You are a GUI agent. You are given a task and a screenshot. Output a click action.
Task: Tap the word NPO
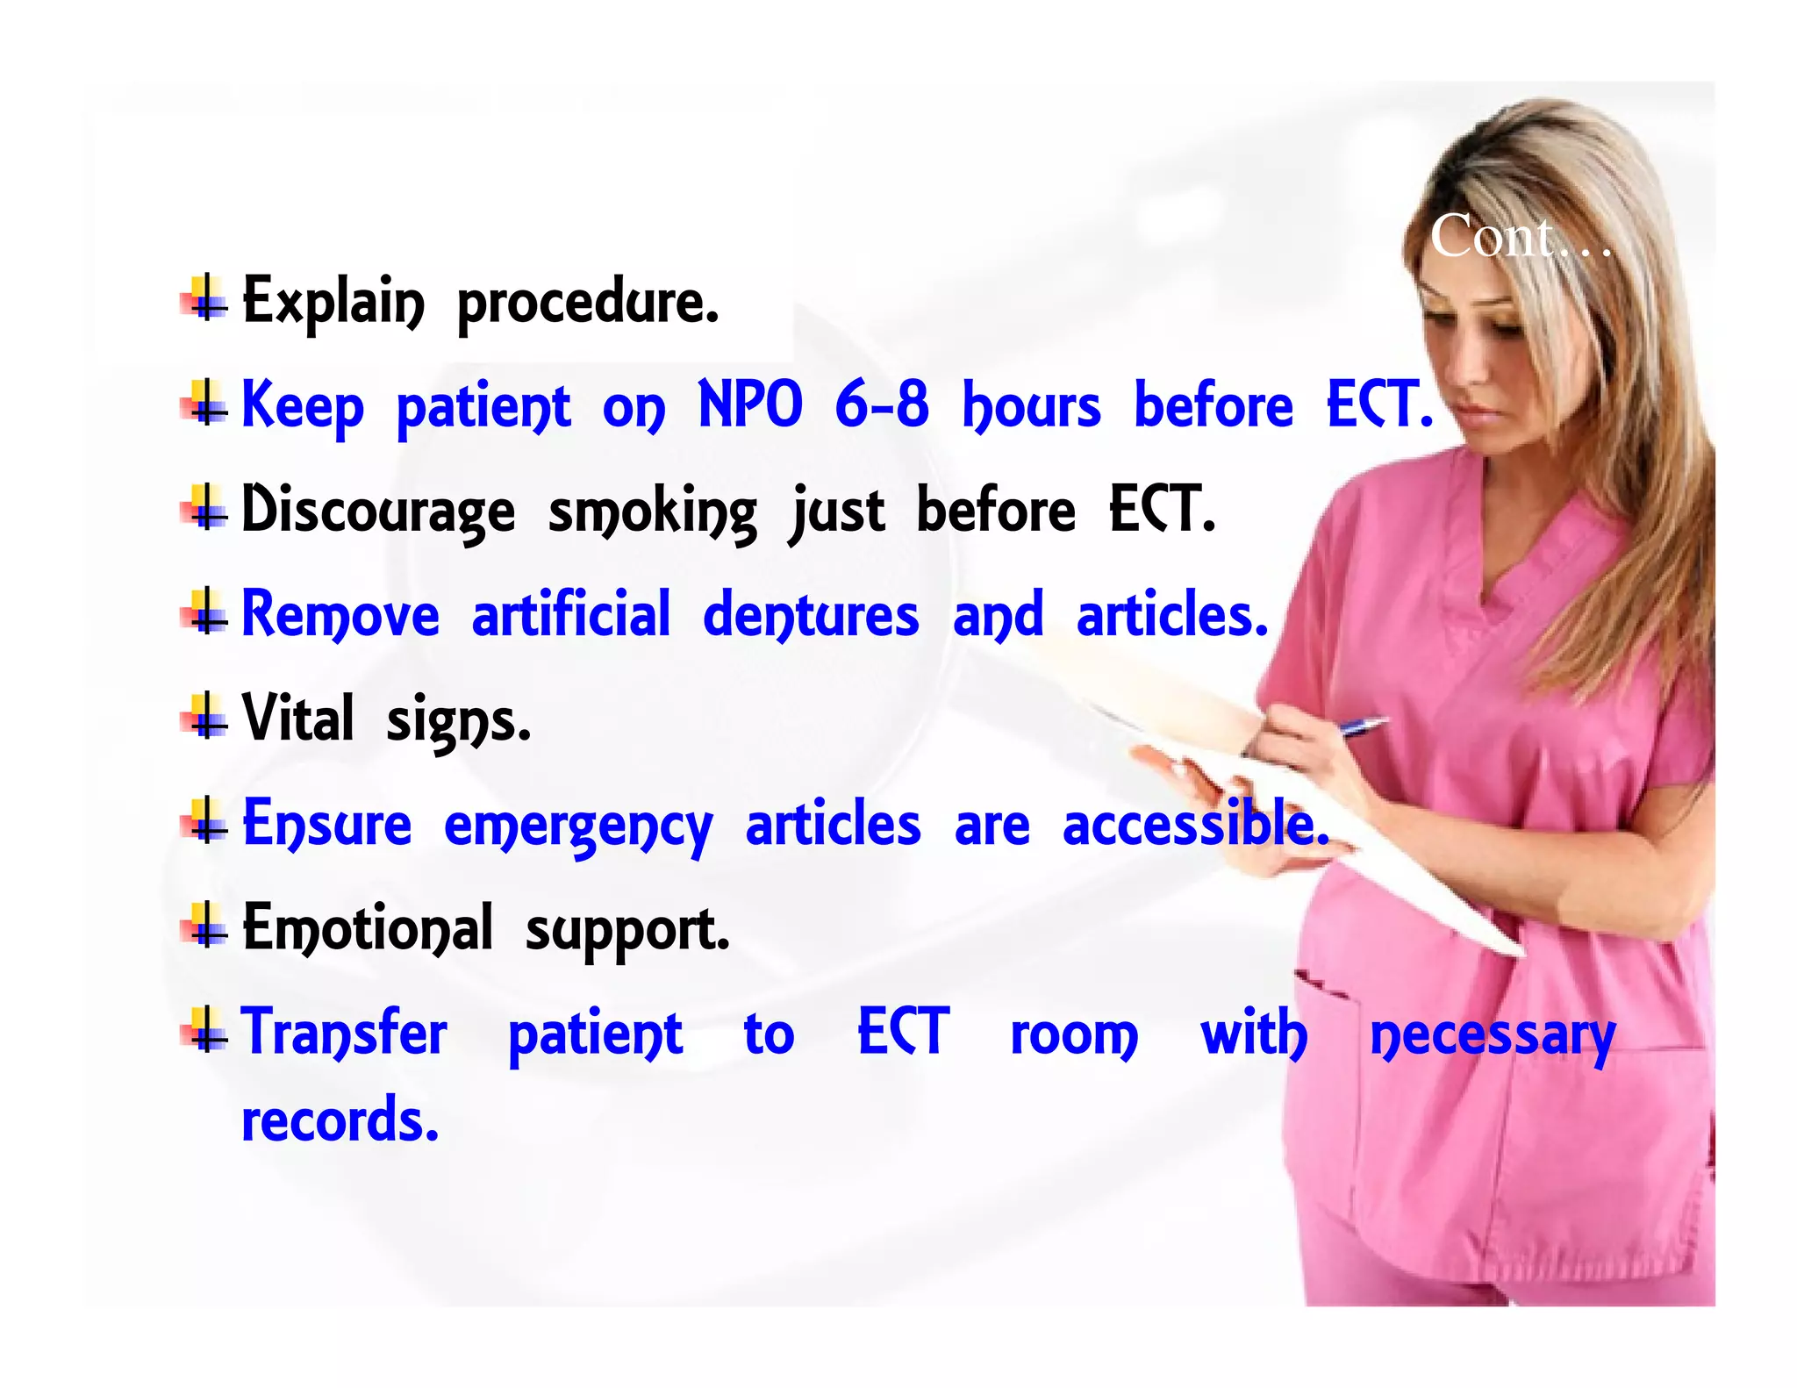coord(750,405)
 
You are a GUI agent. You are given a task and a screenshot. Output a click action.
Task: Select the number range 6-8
coord(881,405)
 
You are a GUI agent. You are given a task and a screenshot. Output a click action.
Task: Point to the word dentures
coord(811,615)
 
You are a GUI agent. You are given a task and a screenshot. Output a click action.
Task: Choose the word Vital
coord(297,719)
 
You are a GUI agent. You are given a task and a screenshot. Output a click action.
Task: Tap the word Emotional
coord(368,928)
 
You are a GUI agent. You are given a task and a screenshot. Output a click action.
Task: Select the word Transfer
coord(344,1033)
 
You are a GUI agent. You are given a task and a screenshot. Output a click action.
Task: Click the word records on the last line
coord(340,1120)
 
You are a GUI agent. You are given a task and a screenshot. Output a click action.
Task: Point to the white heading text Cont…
coord(1520,237)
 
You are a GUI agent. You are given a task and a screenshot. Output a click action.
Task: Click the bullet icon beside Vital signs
coord(205,716)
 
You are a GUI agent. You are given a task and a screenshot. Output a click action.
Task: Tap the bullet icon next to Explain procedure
coord(205,298)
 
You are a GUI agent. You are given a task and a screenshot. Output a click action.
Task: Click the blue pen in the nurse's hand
coord(1362,726)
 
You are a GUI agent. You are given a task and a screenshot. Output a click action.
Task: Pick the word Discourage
coord(378,511)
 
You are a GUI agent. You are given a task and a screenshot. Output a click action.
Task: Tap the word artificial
coord(571,614)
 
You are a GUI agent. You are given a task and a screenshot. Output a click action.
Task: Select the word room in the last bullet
coord(1074,1035)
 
